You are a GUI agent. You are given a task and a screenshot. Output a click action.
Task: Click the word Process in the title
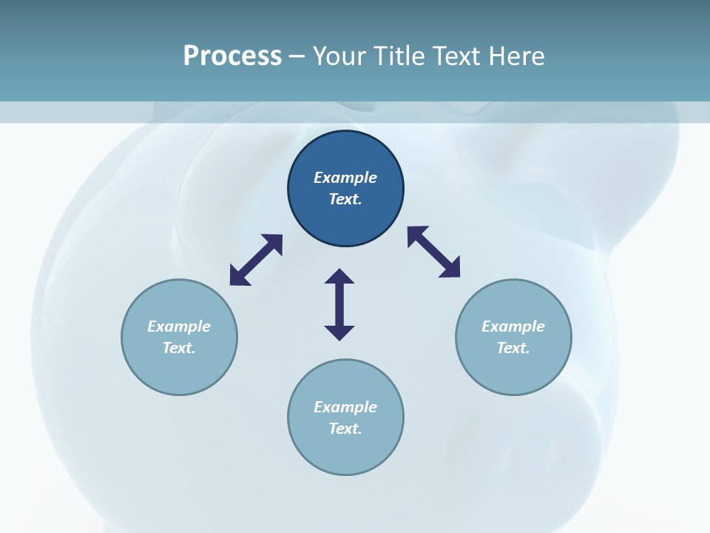pyautogui.click(x=232, y=56)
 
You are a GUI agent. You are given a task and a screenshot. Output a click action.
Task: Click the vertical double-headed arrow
pyautogui.click(x=339, y=304)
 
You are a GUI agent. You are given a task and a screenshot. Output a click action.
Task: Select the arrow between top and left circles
pyautogui.click(x=256, y=260)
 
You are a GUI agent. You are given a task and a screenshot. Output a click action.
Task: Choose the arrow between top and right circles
pyautogui.click(x=434, y=252)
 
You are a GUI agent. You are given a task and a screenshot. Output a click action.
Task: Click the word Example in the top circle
pyautogui.click(x=345, y=178)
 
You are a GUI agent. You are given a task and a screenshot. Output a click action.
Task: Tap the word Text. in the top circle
pyautogui.click(x=345, y=199)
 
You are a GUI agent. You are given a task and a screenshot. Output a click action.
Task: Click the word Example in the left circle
pyautogui.click(x=179, y=326)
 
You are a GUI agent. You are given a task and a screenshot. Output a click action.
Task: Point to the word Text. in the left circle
pyautogui.click(x=179, y=348)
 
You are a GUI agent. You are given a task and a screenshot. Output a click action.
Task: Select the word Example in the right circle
pyautogui.click(x=513, y=326)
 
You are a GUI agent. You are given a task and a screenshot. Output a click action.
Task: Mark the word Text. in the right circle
pyautogui.click(x=513, y=348)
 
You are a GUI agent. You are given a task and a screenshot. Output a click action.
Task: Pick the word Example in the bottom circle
pyautogui.click(x=345, y=407)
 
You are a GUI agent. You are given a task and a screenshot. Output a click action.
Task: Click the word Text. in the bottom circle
pyautogui.click(x=345, y=429)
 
